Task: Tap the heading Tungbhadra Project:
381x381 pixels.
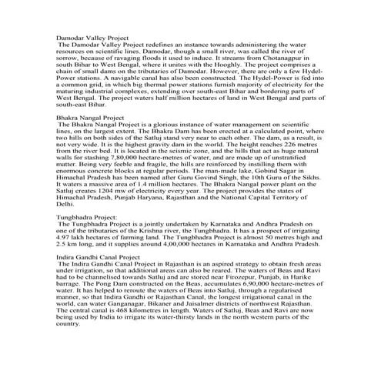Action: point(86,218)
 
